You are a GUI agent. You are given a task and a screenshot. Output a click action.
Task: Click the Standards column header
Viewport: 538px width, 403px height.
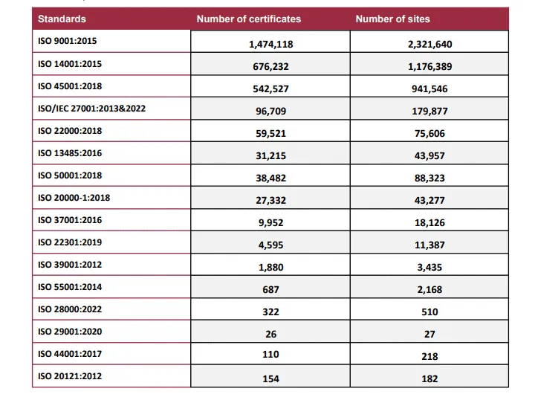[62, 19]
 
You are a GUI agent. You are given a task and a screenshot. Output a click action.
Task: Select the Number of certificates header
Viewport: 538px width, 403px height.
[248, 19]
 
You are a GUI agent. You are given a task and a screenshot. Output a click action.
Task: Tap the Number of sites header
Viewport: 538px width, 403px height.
[392, 19]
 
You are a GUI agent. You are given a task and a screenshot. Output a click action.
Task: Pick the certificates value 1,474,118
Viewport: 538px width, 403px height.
[270, 44]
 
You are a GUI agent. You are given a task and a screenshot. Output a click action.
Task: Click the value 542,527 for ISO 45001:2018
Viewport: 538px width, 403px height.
[270, 88]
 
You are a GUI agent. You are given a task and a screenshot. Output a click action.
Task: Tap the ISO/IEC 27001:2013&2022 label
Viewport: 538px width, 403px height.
[91, 109]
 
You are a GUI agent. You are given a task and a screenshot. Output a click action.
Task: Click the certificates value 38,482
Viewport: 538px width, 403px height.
[270, 178]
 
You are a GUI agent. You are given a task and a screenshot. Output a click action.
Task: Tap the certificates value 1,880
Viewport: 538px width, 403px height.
[270, 267]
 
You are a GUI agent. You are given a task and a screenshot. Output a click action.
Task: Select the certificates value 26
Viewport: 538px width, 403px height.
[270, 334]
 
